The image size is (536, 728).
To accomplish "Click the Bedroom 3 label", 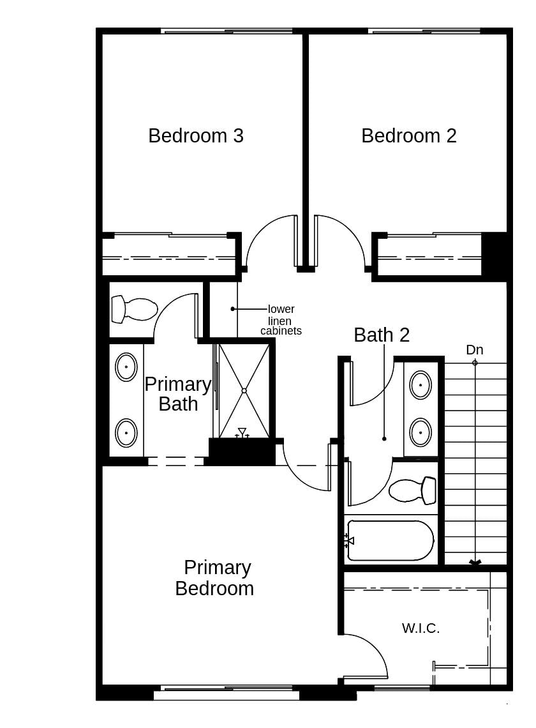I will click(x=196, y=136).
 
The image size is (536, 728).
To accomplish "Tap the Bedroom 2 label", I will click(x=408, y=136).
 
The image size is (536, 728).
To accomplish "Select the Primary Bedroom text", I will click(x=214, y=578).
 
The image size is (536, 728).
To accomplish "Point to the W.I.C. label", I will click(x=421, y=628).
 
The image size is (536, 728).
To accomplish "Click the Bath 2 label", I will click(x=382, y=335).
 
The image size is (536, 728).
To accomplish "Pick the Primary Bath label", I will click(x=177, y=394).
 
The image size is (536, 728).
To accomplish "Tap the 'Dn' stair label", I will click(x=474, y=350).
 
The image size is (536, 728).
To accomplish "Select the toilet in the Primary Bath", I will click(x=134, y=310).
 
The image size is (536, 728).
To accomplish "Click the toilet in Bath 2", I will click(x=412, y=490).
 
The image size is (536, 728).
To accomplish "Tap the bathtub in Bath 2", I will click(x=390, y=541).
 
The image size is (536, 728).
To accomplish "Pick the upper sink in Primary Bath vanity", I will click(x=126, y=367).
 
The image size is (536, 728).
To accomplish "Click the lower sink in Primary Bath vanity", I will click(x=126, y=433).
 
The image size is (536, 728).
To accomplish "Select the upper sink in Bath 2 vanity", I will click(x=421, y=385).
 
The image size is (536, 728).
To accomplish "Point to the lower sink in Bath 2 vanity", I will click(x=421, y=432).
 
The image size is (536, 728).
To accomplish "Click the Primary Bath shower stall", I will click(x=244, y=390).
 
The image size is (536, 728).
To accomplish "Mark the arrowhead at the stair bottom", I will click(x=475, y=563).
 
